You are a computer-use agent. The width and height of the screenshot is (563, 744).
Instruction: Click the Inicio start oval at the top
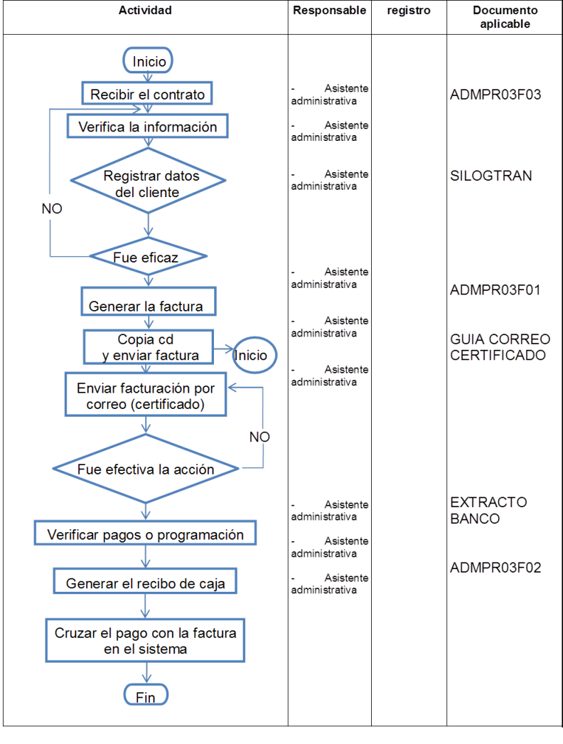pos(149,61)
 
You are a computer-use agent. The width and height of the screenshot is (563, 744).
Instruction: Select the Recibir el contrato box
pos(147,94)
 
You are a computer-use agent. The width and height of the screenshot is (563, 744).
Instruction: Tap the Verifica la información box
pos(147,127)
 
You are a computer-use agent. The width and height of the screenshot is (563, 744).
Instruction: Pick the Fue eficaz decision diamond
pos(146,257)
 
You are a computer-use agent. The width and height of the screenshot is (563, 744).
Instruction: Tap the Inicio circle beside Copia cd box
pos(254,354)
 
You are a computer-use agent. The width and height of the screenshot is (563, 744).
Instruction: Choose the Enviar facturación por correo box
pos(146,396)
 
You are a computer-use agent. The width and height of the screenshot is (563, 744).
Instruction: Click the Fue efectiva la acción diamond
pos(146,469)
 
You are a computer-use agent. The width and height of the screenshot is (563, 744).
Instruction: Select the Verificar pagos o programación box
pos(146,533)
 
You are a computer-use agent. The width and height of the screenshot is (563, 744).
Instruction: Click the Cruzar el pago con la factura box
pos(146,640)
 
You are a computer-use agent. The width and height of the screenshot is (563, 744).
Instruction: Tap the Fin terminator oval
pos(146,696)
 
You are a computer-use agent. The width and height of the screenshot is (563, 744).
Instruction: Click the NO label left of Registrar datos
pos(52,208)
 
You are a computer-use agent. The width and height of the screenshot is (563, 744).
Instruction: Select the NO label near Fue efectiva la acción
pos(259,437)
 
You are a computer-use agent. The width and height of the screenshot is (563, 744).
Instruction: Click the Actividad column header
pos(146,11)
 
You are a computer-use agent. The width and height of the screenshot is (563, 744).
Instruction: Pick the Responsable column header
pos(329,11)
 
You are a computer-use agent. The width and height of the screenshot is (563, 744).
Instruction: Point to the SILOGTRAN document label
pos(491,176)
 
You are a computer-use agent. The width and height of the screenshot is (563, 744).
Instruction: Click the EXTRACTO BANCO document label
pos(488,510)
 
